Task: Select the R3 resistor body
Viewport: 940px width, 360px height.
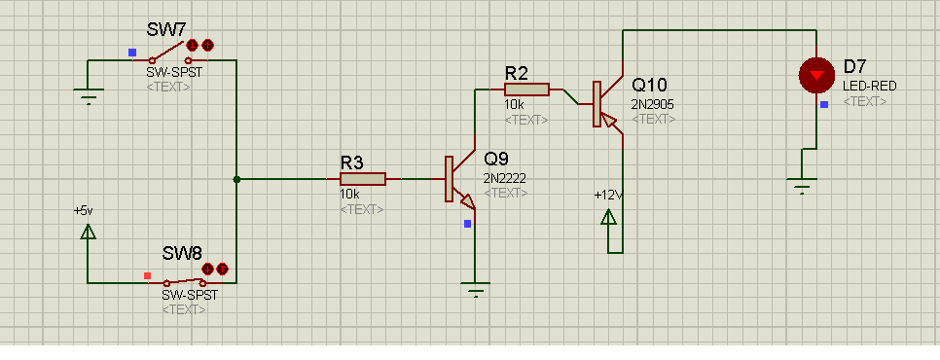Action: tap(363, 179)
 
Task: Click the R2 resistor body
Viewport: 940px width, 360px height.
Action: tap(526, 90)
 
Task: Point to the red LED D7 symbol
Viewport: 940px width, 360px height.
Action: tap(816, 76)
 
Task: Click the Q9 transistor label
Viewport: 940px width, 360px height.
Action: tap(496, 159)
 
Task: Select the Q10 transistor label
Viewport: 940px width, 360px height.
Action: tap(649, 85)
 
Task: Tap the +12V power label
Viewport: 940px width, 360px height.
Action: tap(608, 196)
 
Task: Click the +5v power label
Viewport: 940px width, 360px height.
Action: tap(84, 211)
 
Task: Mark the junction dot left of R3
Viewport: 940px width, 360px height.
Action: tap(236, 179)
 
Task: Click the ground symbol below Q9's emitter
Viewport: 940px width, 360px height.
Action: tap(476, 289)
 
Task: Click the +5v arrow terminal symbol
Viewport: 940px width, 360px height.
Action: tap(88, 232)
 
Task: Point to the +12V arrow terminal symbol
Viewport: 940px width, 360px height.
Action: tap(608, 217)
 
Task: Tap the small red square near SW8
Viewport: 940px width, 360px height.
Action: tap(148, 275)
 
